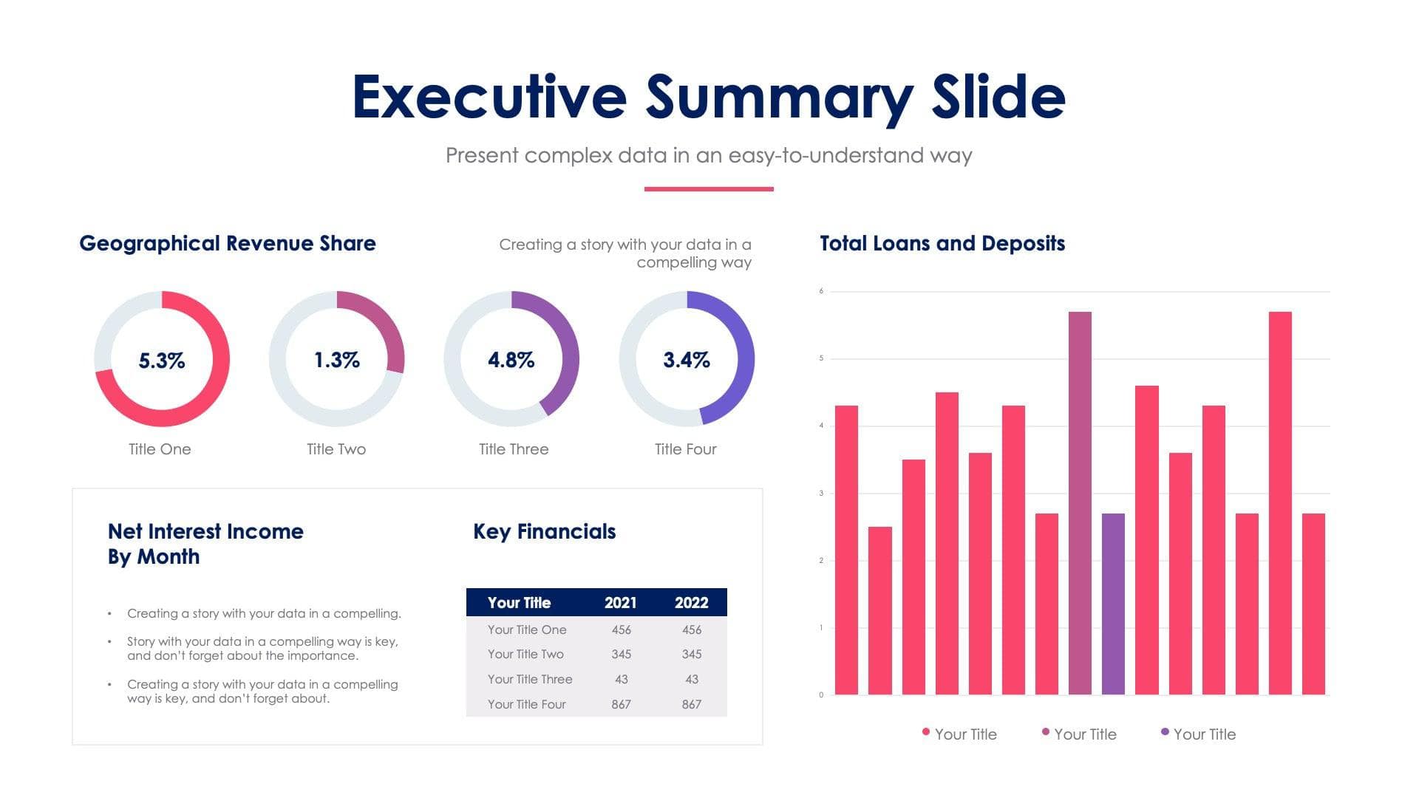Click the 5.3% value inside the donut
pyautogui.click(x=162, y=361)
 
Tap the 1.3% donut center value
pyautogui.click(x=337, y=360)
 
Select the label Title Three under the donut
pyautogui.click(x=514, y=449)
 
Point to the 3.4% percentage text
pyautogui.click(x=687, y=360)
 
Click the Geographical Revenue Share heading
pyautogui.click(x=228, y=244)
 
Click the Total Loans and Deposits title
pyautogui.click(x=942, y=244)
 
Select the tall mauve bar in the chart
pyautogui.click(x=1080, y=502)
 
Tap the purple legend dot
pyautogui.click(x=1165, y=732)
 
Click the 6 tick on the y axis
pyautogui.click(x=821, y=291)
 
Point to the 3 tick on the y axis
pyautogui.click(x=821, y=494)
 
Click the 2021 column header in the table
pyautogui.click(x=620, y=603)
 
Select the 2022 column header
pyautogui.click(x=691, y=603)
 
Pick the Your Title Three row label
pyautogui.click(x=530, y=680)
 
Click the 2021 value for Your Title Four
pyautogui.click(x=621, y=705)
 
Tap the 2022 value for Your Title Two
pyautogui.click(x=692, y=655)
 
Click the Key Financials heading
pyautogui.click(x=544, y=532)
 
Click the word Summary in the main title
pyautogui.click(x=780, y=98)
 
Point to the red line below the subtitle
pyautogui.click(x=709, y=189)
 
